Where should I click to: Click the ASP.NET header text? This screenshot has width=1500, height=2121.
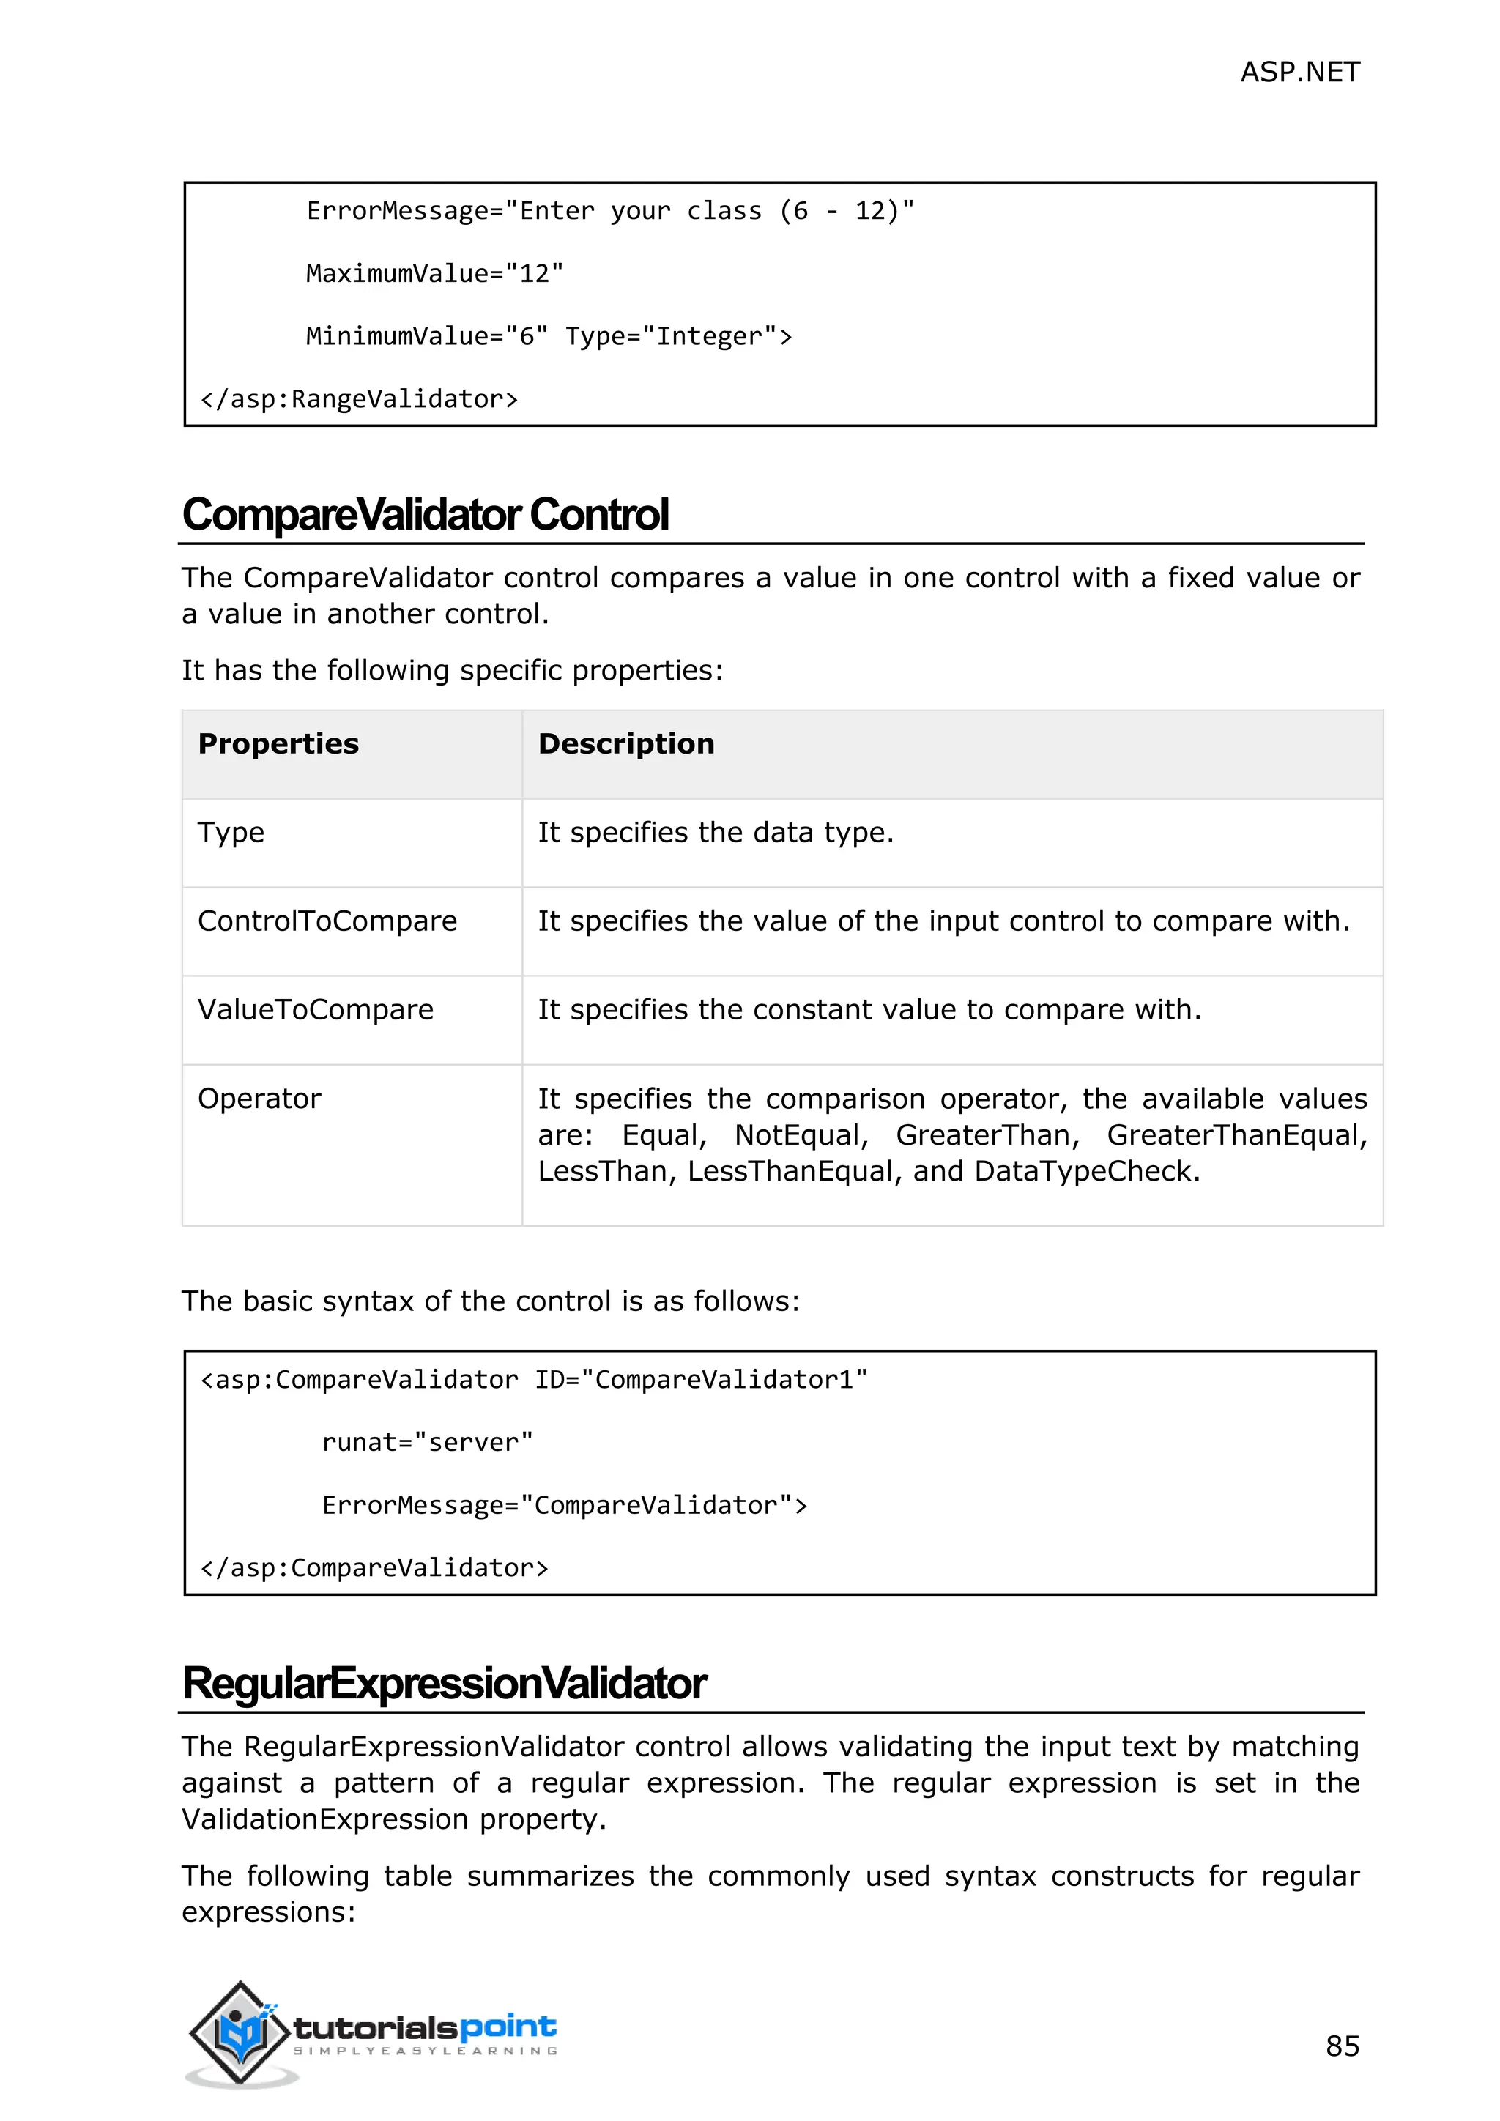pyautogui.click(x=1299, y=72)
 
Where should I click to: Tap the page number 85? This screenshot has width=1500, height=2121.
pyautogui.click(x=1342, y=2046)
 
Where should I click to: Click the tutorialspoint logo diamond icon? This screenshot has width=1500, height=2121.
pyautogui.click(x=241, y=2032)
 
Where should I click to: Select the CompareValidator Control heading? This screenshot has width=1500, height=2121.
pyautogui.click(x=425, y=515)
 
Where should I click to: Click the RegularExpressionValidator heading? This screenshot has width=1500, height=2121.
pyautogui.click(x=445, y=1683)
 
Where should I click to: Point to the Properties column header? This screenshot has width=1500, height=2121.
pyautogui.click(x=278, y=743)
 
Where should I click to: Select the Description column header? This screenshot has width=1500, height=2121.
pyautogui.click(x=626, y=743)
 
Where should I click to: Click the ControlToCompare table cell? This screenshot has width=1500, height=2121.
pyautogui.click(x=327, y=921)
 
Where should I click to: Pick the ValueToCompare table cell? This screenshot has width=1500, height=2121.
pyautogui.click(x=315, y=1010)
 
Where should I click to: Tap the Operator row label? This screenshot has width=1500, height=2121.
pyautogui.click(x=259, y=1099)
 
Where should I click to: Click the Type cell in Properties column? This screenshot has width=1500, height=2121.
pyautogui.click(x=231, y=832)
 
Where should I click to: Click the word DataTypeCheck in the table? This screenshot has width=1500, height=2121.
pyautogui.click(x=1085, y=1171)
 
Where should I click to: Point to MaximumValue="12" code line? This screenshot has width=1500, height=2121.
pyautogui.click(x=434, y=273)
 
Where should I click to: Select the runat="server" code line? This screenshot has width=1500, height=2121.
pyautogui.click(x=428, y=1442)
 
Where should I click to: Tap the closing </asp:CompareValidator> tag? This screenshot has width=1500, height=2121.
pyautogui.click(x=374, y=1567)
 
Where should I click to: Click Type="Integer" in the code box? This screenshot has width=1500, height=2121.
pyautogui.click(x=679, y=336)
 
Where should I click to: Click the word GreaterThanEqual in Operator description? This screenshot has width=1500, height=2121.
pyautogui.click(x=1236, y=1135)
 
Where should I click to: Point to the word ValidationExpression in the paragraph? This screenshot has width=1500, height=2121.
pyautogui.click(x=325, y=1819)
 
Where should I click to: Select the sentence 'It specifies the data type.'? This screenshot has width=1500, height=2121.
pyautogui.click(x=716, y=832)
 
